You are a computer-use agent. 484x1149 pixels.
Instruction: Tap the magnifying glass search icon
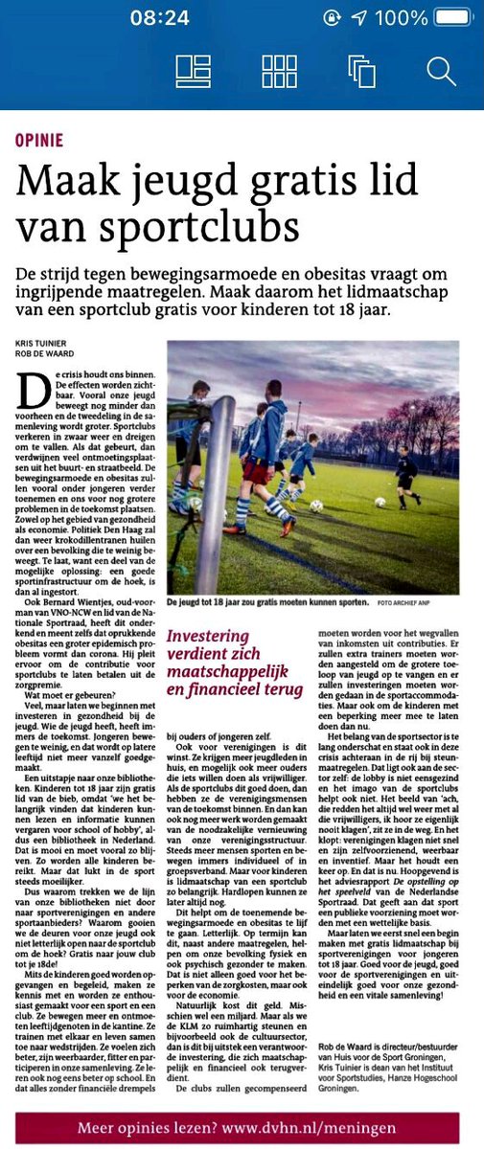pos(441,71)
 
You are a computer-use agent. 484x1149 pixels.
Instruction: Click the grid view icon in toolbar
pos(279,71)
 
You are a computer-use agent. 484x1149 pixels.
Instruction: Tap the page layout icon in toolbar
pos(194,71)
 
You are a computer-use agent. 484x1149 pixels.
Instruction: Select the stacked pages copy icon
pos(361,72)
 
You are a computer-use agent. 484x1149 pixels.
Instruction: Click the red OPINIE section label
pos(39,140)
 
